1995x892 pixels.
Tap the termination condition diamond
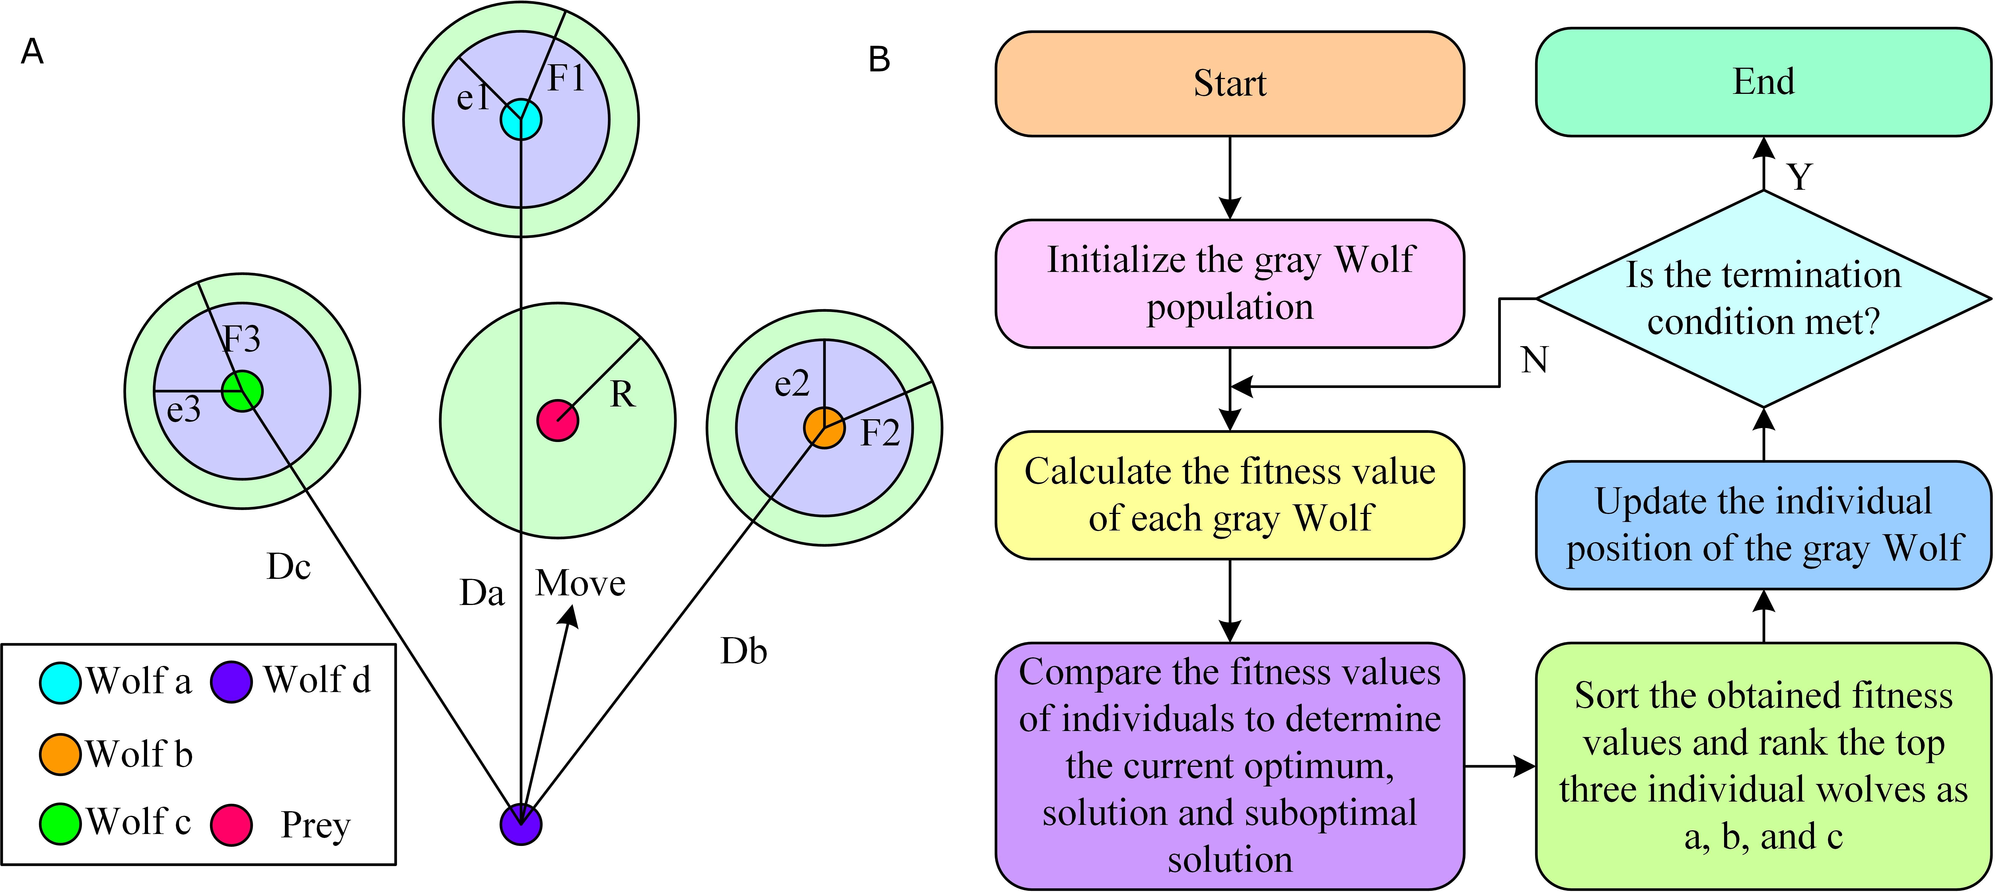tap(1763, 298)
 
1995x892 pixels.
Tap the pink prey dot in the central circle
tap(558, 420)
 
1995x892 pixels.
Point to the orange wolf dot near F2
tap(824, 428)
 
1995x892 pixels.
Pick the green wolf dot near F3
tap(242, 391)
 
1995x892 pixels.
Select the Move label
tap(580, 583)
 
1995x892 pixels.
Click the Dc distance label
tap(289, 567)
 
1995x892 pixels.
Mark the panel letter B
tap(879, 59)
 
